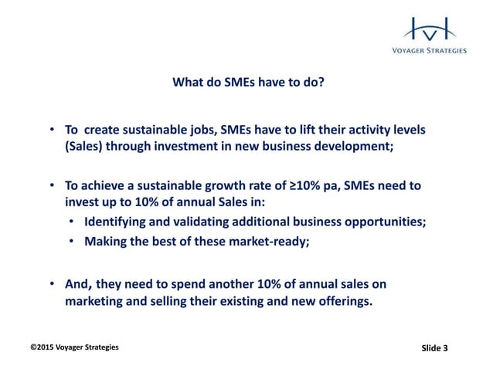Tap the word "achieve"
[105, 187]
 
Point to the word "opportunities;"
[386, 222]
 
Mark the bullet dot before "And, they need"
[51, 284]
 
